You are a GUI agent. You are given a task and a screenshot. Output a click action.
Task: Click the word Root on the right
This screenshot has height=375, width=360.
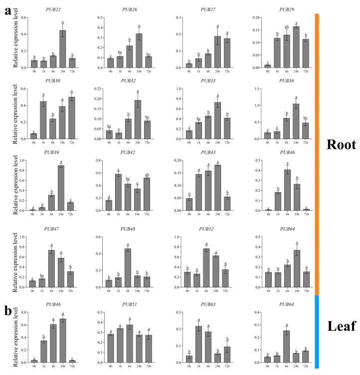341,144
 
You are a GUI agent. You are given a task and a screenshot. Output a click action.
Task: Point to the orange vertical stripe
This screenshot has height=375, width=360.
316,149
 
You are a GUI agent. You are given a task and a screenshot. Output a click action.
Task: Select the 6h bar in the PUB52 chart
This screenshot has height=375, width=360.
205,268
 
